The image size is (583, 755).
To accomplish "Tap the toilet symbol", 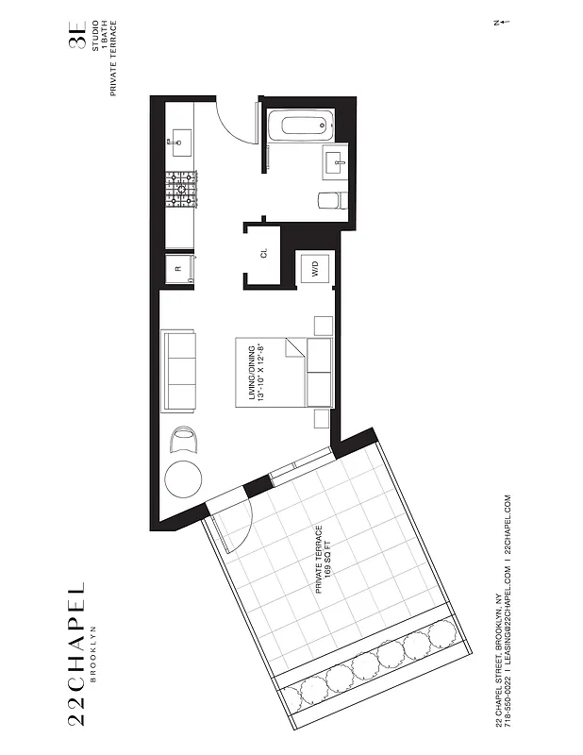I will pos(331,200).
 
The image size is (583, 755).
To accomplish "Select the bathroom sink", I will pos(336,162).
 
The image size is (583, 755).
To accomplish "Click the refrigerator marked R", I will pos(179,268).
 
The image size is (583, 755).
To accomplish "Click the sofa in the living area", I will pos(180,371).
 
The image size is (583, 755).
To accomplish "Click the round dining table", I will pos(184,480).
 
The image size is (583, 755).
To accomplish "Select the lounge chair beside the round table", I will pos(185,439).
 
